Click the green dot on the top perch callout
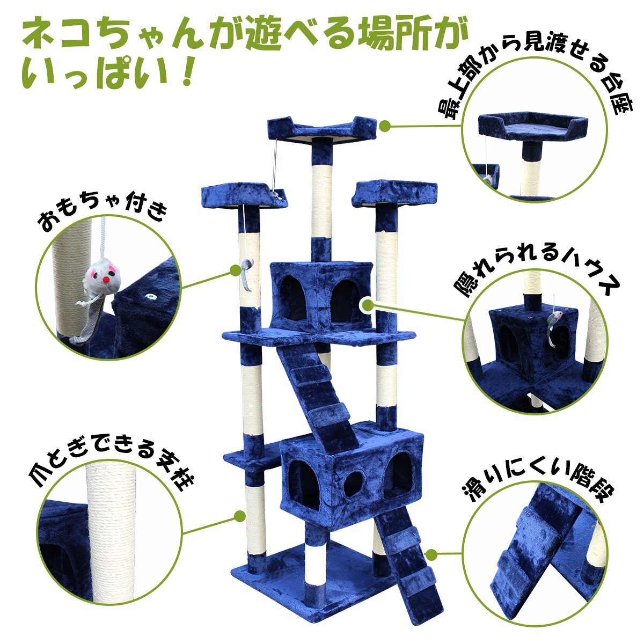coord(385,126)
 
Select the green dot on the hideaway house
coord(368,305)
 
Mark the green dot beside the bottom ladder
coord(432,554)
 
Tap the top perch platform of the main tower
coord(322,129)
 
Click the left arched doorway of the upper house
coord(294,297)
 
